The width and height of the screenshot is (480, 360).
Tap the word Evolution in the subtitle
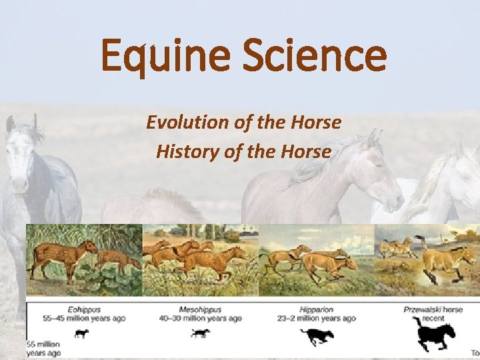point(188,123)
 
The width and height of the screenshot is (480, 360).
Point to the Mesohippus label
point(201,309)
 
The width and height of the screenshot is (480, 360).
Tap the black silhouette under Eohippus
point(81,334)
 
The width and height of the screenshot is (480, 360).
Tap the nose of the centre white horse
point(397,201)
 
